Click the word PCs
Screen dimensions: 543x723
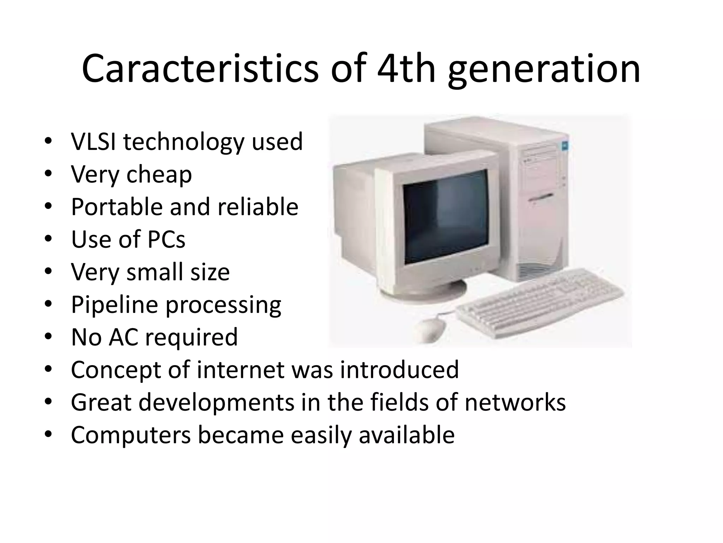(166, 239)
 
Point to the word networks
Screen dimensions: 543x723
(515, 402)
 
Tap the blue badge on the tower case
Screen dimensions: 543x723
(564, 146)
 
